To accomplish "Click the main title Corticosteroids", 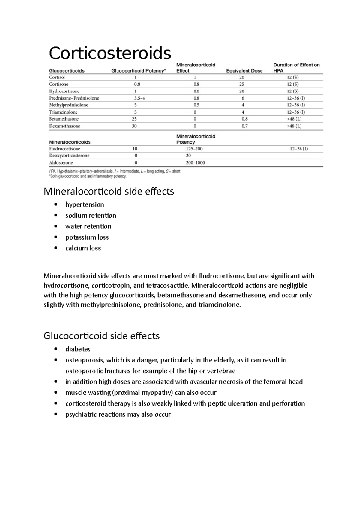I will [x=110, y=53].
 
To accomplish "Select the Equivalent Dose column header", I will [x=244, y=71].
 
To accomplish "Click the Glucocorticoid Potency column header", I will [x=139, y=71].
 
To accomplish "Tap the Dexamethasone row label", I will [x=64, y=126].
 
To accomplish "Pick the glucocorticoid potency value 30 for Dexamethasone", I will [x=134, y=126].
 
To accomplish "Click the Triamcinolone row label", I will [x=63, y=112].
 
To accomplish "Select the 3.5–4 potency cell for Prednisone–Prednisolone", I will [x=139, y=98].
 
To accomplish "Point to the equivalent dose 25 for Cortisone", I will [x=242, y=84].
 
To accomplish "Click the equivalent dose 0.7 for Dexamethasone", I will [x=244, y=126].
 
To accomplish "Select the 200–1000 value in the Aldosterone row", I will [x=195, y=163].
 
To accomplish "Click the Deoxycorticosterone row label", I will [x=69, y=156].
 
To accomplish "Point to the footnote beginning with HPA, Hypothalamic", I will [x=115, y=171].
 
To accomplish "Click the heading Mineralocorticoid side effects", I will [x=109, y=191].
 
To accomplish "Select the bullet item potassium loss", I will [x=87, y=237].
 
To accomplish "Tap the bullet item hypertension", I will [x=85, y=204].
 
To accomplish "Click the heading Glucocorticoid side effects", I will [x=101, y=336].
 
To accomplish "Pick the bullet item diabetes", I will [x=78, y=349].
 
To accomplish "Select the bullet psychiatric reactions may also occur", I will [x=118, y=414].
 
